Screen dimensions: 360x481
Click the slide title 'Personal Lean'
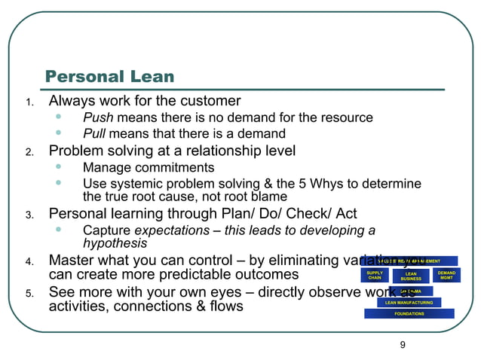[x=109, y=76]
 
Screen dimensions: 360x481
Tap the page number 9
[x=403, y=345]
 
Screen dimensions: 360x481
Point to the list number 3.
[x=29, y=215]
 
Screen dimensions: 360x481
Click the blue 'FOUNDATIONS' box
[x=409, y=314]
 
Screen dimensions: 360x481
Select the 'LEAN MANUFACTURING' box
[x=409, y=302]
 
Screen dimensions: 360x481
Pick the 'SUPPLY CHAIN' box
[x=375, y=276]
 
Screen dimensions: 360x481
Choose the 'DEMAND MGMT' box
[x=446, y=276]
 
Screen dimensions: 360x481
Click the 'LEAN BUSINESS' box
[x=411, y=276]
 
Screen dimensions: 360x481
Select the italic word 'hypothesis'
[x=115, y=243]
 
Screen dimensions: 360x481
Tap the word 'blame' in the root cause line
[x=269, y=197]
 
